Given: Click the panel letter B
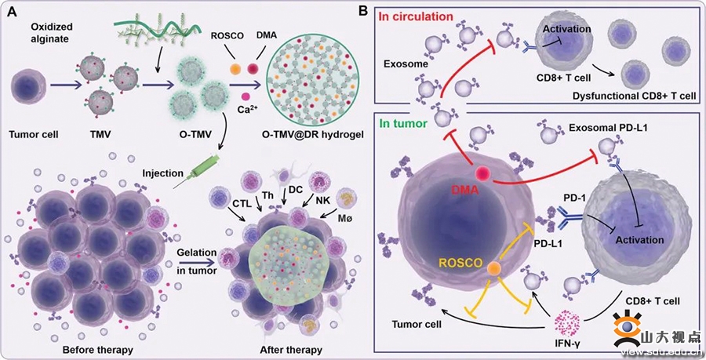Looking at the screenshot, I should click(x=363, y=10).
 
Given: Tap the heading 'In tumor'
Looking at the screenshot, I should click(x=403, y=123).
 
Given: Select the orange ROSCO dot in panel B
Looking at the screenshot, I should click(x=494, y=269).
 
